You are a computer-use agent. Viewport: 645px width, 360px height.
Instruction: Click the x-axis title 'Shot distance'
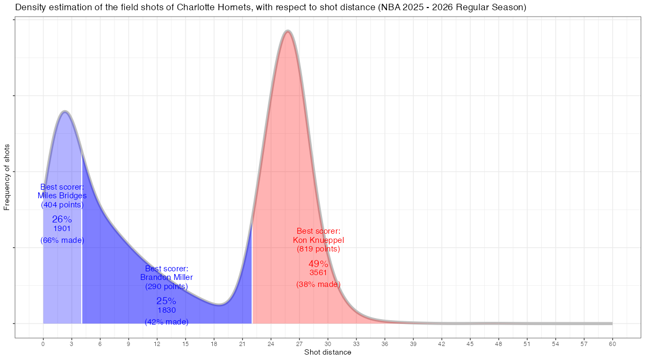(x=328, y=352)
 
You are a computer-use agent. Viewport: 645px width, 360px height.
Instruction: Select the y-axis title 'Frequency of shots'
(x=7, y=177)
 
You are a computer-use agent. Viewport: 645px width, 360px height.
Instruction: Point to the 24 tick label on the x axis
(x=271, y=343)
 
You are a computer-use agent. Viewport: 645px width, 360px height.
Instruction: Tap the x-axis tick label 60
(x=612, y=343)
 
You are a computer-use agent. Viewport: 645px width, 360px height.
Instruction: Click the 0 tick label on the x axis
(x=43, y=343)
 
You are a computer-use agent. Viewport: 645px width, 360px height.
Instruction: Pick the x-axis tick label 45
(x=470, y=343)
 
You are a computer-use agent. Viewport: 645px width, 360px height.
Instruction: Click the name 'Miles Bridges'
(x=62, y=196)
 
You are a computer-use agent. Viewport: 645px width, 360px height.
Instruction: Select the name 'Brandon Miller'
(x=167, y=277)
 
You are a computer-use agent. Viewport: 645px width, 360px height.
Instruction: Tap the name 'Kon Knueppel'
(x=318, y=240)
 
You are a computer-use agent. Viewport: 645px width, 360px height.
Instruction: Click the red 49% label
(x=318, y=264)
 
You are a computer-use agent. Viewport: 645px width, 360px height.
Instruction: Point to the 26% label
(x=62, y=219)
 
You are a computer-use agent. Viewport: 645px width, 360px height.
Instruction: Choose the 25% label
(x=167, y=301)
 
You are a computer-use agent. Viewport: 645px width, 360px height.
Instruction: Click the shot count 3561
(x=318, y=273)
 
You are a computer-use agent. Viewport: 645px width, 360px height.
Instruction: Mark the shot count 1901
(x=62, y=228)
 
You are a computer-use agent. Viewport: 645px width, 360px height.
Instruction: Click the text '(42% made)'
(x=167, y=322)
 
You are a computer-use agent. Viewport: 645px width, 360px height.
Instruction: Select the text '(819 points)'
(x=318, y=249)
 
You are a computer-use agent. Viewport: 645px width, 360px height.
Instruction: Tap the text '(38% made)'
(x=318, y=284)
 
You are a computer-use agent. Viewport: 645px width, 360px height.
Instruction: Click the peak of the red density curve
(x=288, y=32)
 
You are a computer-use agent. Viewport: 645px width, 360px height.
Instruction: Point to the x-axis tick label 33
(x=356, y=343)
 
